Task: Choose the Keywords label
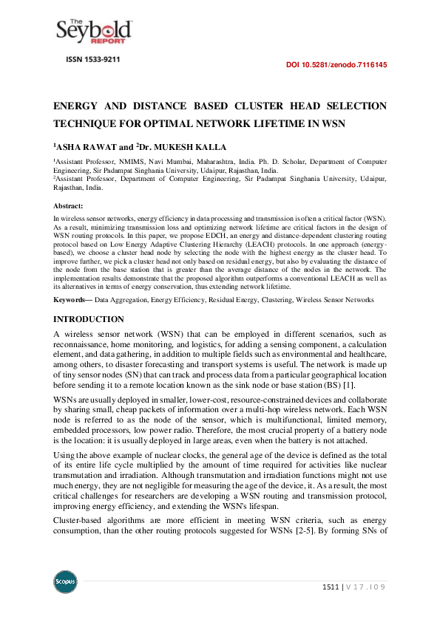[x=71, y=300]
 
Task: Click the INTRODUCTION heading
[x=88, y=319]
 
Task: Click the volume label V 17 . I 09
[x=367, y=587]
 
